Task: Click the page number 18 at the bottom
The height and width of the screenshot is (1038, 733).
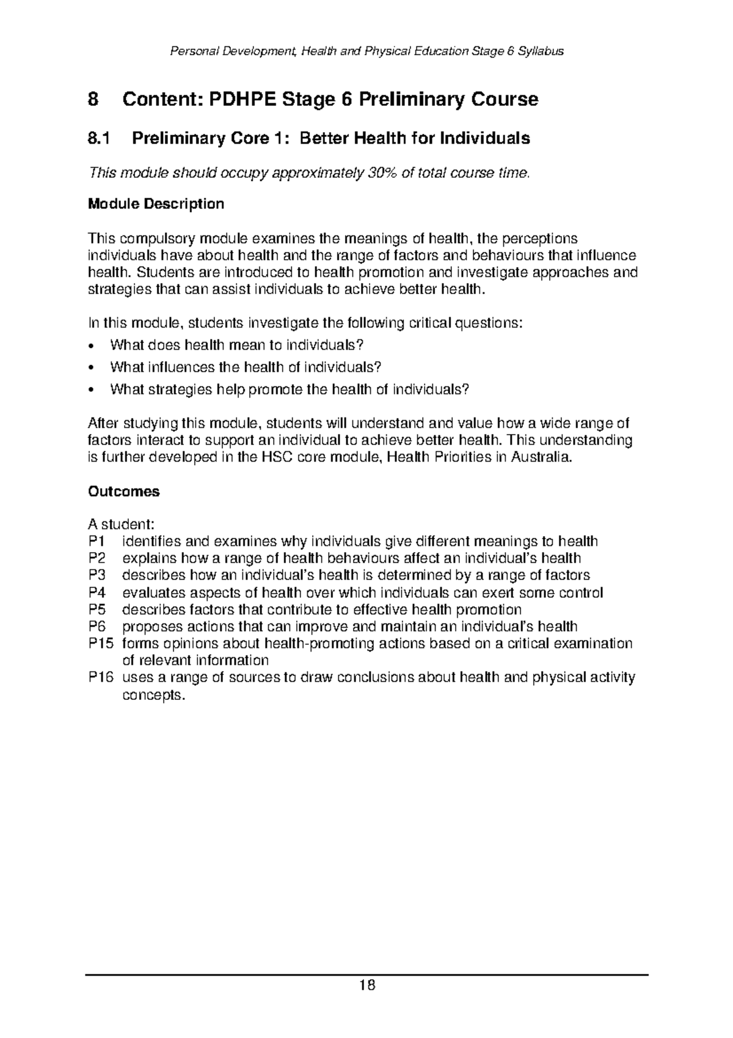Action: [366, 985]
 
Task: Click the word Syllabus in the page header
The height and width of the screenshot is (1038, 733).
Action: [541, 51]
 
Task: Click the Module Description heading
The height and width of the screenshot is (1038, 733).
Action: [156, 204]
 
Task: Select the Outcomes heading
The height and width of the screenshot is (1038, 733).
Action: [124, 491]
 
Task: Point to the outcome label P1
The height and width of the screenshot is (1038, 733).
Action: [97, 542]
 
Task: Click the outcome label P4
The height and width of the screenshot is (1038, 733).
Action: [97, 593]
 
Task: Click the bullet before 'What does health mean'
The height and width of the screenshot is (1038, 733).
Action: [91, 346]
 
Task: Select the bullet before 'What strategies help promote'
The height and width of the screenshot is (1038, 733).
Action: [91, 390]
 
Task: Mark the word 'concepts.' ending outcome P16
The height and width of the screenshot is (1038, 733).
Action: [153, 695]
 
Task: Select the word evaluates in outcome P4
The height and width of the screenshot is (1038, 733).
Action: [151, 593]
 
